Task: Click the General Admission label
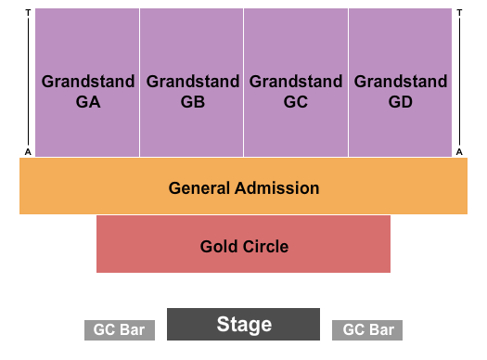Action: (x=243, y=188)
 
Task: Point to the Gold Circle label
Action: (x=244, y=247)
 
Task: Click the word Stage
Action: (x=244, y=325)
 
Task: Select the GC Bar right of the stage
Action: (x=368, y=330)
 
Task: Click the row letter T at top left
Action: (x=29, y=12)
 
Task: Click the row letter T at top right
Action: (x=459, y=12)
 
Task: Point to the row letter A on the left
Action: (x=29, y=151)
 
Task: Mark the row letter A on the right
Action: (x=459, y=151)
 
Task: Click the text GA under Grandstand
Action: (x=88, y=102)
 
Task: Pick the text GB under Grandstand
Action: (x=192, y=102)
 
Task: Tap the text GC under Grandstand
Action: (x=296, y=102)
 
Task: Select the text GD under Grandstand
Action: (x=401, y=102)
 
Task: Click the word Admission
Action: (x=276, y=188)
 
